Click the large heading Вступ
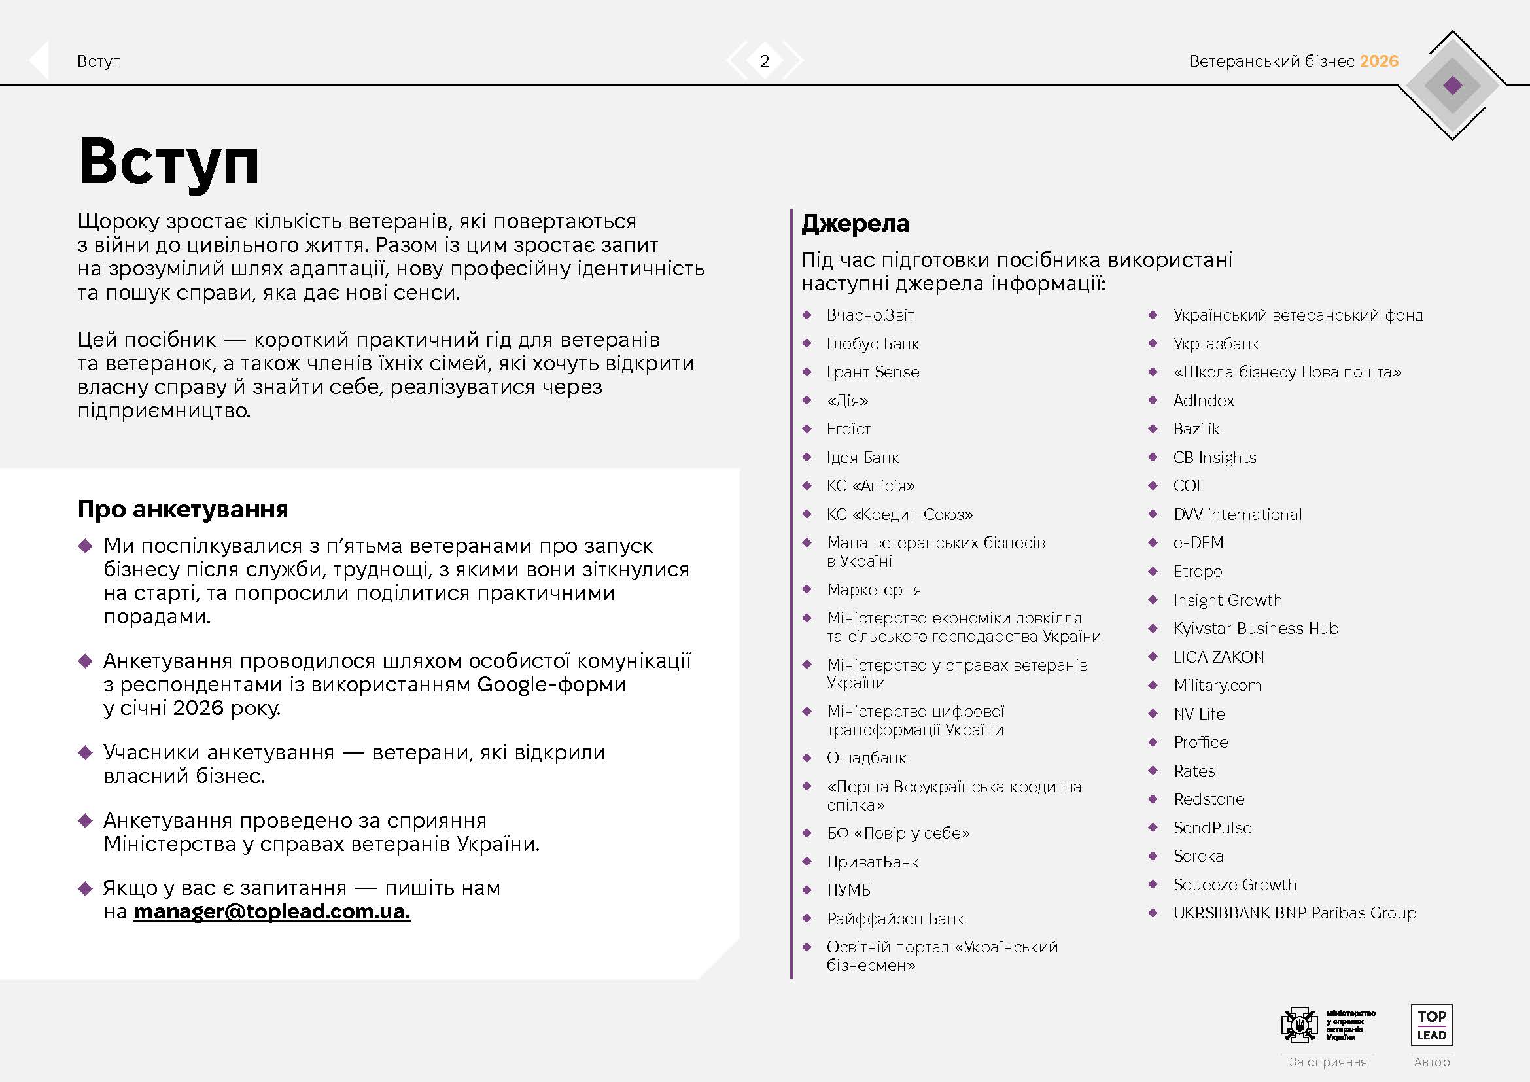169,162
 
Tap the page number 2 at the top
764,61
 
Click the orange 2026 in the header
1379,61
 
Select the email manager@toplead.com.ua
271,911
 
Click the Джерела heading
855,223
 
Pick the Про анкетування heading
183,509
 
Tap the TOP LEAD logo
1431,1025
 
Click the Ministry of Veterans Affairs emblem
1299,1024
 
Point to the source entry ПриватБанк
873,862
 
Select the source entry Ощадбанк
866,758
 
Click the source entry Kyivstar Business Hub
1255,628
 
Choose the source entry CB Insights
1214,458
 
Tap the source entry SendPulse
1212,828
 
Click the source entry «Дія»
848,401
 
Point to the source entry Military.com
1217,686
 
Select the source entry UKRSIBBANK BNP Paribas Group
1294,913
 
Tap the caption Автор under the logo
1431,1062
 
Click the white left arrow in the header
39,61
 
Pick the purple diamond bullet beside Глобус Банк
807,344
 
